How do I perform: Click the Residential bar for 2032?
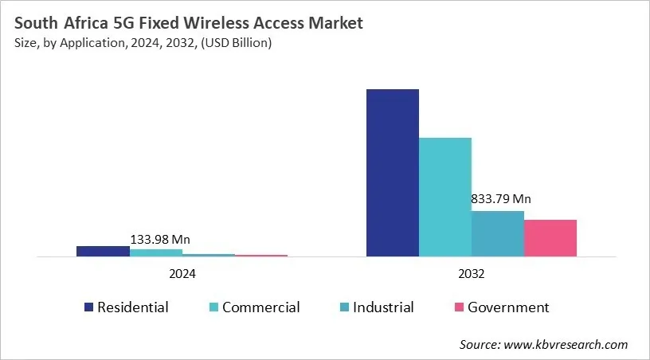392,173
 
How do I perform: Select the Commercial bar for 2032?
444,197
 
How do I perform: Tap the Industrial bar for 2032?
497,233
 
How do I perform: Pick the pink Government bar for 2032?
550,238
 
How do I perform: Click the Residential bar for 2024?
103,251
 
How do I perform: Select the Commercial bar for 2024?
155,252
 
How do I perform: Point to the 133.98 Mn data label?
160,239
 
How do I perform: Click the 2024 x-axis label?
182,273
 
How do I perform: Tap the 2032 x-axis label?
471,273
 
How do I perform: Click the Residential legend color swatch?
88,307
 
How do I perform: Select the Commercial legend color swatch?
213,307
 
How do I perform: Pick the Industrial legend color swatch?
343,307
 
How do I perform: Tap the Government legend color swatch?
459,307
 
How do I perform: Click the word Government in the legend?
508,307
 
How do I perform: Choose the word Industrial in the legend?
384,307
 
